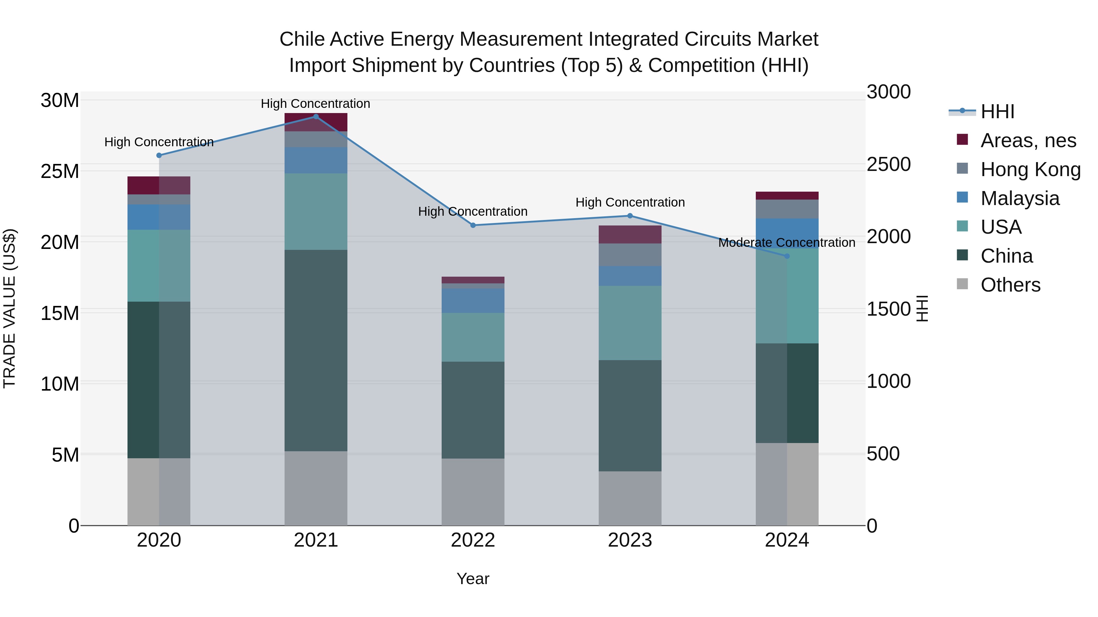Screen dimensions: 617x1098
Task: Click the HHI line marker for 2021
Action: [316, 117]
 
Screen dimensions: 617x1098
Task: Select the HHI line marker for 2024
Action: [787, 256]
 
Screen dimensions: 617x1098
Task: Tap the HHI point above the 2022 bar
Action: [473, 225]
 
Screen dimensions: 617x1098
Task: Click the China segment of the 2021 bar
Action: [316, 350]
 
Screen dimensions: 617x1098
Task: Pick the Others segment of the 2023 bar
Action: [630, 498]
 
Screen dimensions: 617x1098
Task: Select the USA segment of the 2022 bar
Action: [473, 337]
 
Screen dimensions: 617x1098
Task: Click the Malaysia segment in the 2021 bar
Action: [316, 161]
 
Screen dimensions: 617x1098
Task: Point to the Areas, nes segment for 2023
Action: [630, 235]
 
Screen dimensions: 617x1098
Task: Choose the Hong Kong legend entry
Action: [1030, 169]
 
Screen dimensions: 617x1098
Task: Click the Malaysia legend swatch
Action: [963, 197]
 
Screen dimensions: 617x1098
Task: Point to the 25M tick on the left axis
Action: [60, 172]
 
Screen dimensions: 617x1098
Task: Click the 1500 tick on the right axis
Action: [889, 309]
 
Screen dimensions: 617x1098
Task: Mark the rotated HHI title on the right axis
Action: [922, 308]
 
